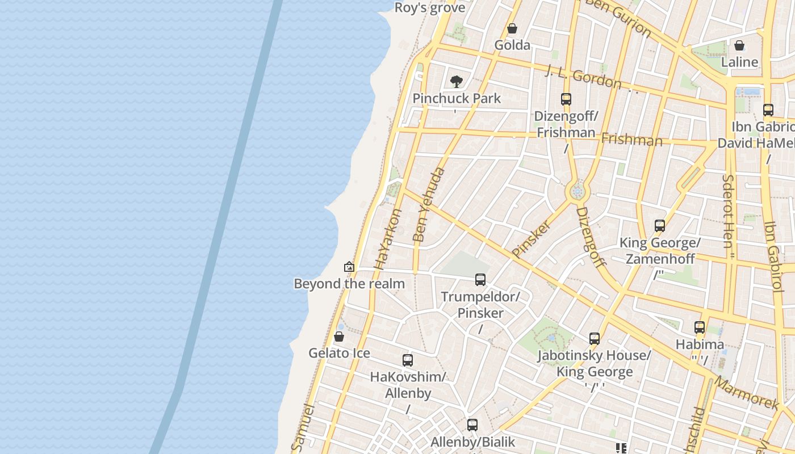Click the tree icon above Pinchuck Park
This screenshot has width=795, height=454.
[x=456, y=82]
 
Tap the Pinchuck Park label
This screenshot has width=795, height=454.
[x=457, y=98]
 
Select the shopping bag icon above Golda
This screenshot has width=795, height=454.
[x=512, y=28]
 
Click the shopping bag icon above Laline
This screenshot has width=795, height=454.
[x=739, y=45]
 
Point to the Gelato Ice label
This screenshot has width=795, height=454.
[x=339, y=353]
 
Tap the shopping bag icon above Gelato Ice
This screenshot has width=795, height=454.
[x=339, y=337]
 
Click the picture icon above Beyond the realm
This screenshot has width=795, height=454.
[x=349, y=267]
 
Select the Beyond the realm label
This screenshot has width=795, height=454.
[x=349, y=284]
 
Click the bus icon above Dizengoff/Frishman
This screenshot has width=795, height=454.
[x=566, y=99]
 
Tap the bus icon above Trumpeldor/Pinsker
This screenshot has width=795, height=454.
[x=480, y=280]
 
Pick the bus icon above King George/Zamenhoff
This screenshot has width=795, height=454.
[x=660, y=226]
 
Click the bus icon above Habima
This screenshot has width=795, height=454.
[x=700, y=327]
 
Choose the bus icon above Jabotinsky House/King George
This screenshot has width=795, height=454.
[x=595, y=339]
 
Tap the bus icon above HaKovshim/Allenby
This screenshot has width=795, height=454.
[x=408, y=360]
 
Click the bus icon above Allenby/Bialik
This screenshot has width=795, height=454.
[x=472, y=425]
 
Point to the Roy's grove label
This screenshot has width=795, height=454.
[x=430, y=7]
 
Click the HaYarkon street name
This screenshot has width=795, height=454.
[x=388, y=239]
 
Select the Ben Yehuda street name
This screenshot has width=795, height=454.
[x=429, y=205]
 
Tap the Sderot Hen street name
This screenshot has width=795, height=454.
[x=728, y=211]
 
